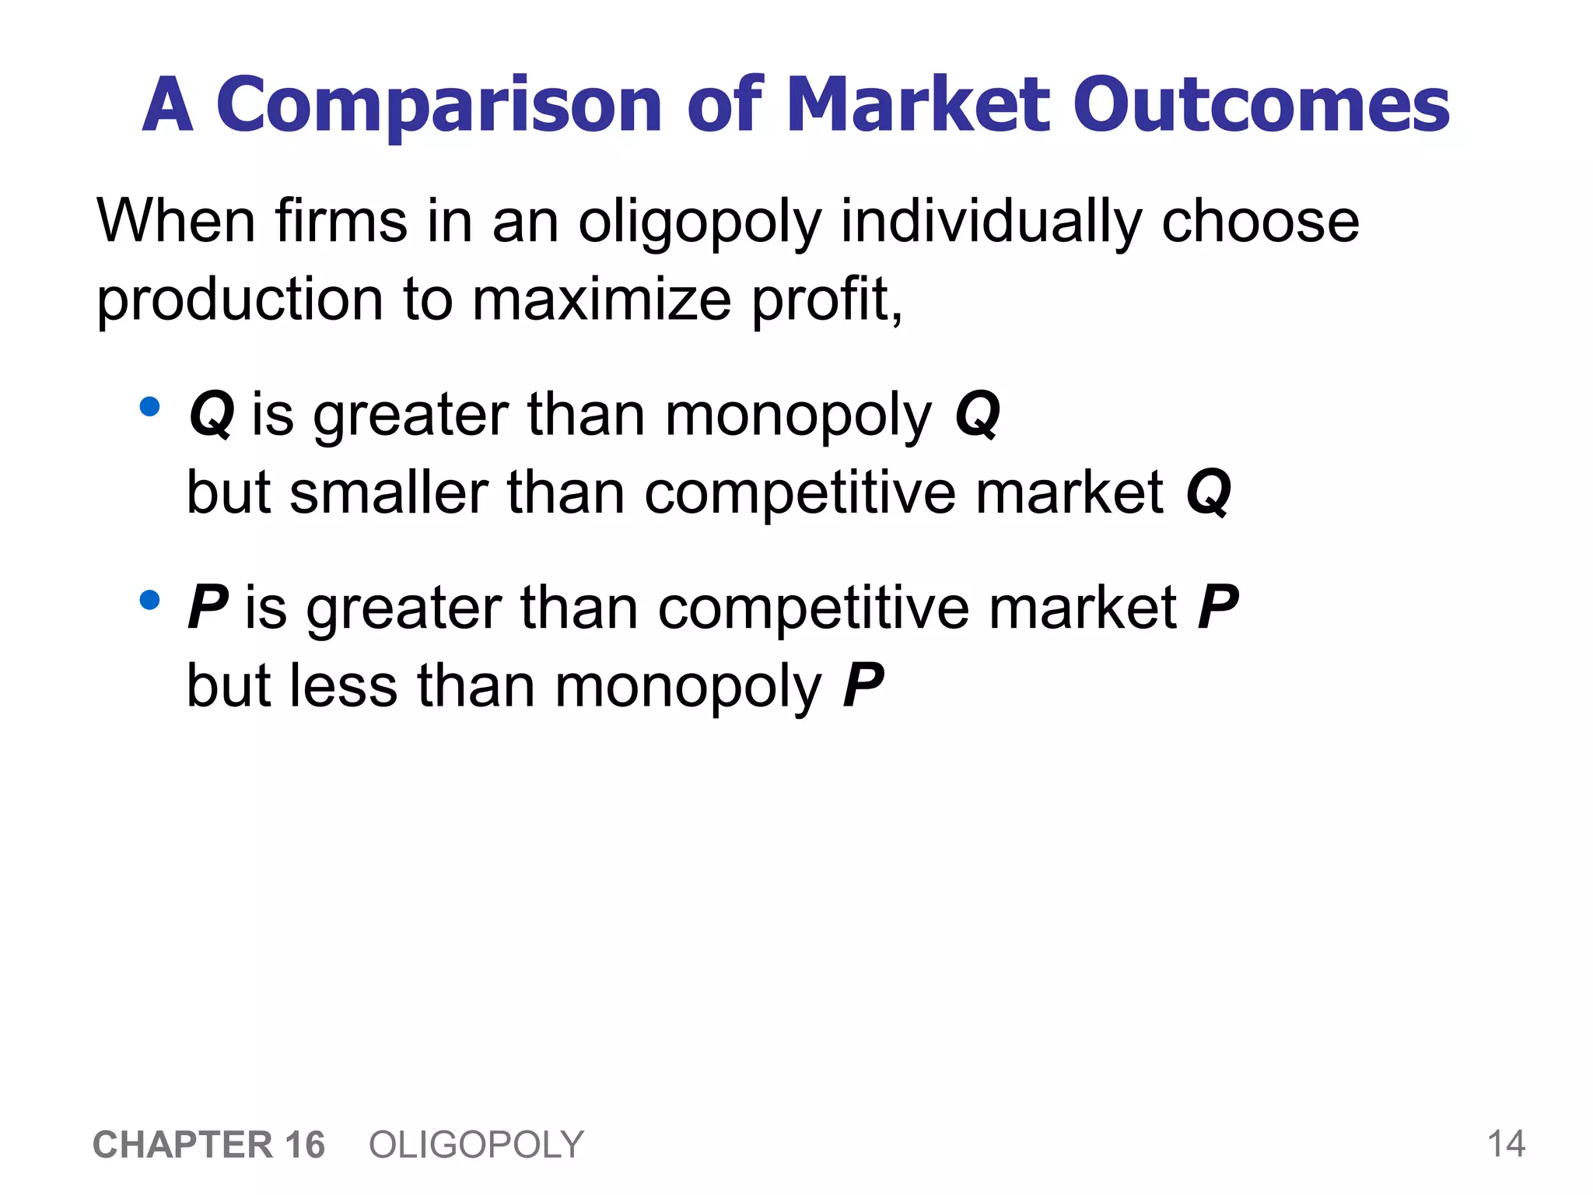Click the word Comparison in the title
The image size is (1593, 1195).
[x=439, y=106]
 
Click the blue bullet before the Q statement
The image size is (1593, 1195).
[x=149, y=407]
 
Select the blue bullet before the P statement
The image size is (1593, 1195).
[x=149, y=600]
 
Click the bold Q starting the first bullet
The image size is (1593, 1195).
[x=212, y=415]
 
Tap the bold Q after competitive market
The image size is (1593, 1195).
[x=1208, y=493]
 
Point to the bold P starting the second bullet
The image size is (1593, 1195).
[x=207, y=608]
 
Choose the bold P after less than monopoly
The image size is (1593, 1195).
[x=863, y=685]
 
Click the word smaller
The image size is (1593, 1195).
[x=388, y=493]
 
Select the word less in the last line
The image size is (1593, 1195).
[x=343, y=685]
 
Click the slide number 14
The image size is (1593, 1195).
[x=1506, y=1144]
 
